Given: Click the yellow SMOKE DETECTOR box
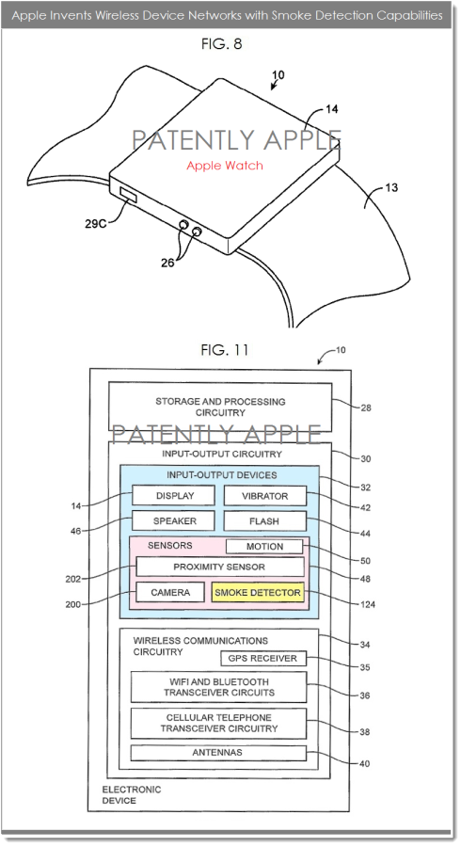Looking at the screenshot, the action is [x=258, y=593].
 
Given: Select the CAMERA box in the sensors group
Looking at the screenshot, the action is [x=170, y=593].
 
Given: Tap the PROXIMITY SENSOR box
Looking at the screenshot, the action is [x=220, y=567].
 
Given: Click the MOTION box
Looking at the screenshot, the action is [x=264, y=547].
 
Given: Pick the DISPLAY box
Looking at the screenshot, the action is [x=173, y=496].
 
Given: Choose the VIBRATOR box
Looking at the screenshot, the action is [x=265, y=496].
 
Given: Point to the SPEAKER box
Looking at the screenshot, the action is [x=173, y=521].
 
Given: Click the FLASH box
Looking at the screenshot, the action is [x=265, y=521].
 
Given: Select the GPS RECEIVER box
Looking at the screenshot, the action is [x=263, y=659].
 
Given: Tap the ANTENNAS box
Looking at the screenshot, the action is [x=218, y=753].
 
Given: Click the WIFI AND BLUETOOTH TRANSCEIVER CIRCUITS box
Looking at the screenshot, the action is [x=218, y=687].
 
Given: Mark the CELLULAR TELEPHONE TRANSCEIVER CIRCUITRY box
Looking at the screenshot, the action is [x=218, y=724].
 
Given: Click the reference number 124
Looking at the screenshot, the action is [x=367, y=604].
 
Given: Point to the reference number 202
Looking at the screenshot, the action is [x=73, y=579].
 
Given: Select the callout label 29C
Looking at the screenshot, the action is [x=96, y=222].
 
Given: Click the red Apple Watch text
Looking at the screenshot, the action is [x=225, y=166].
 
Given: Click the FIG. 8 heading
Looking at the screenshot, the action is [x=222, y=43].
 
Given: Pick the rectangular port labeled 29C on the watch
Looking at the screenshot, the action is [x=127, y=196].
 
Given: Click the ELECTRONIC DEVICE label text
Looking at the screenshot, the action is [x=132, y=794].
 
